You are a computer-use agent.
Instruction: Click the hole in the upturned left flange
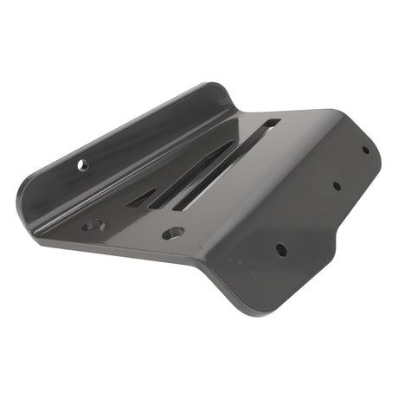click(x=83, y=164)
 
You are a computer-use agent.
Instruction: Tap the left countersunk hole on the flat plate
click(x=93, y=226)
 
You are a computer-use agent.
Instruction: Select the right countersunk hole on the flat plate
click(x=173, y=233)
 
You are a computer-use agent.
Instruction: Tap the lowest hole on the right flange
click(x=281, y=249)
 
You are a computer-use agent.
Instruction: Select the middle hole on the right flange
click(x=337, y=185)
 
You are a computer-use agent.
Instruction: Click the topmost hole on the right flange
click(x=364, y=149)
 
